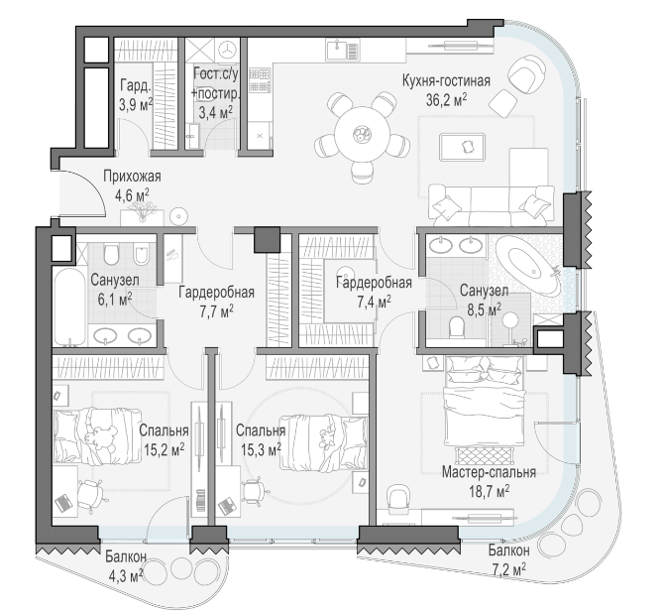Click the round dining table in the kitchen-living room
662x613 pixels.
click(362, 134)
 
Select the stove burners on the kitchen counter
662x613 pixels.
click(260, 80)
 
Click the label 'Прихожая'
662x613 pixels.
click(132, 176)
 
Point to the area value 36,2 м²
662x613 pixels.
click(446, 100)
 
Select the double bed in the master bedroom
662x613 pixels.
click(484, 402)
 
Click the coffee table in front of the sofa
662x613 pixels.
click(462, 147)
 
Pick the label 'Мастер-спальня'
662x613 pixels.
click(489, 472)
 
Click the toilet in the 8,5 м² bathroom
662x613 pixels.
click(457, 326)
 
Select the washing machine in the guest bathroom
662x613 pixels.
click(228, 50)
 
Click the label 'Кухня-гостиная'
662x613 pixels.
click(446, 80)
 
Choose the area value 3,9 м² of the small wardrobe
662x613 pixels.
click(135, 104)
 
